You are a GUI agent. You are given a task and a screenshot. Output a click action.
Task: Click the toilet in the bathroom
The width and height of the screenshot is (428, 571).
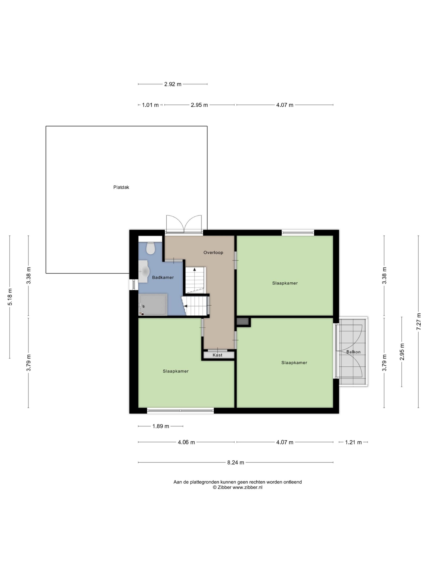(150, 248)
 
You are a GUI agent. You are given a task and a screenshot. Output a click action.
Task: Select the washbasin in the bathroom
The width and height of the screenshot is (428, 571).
(144, 271)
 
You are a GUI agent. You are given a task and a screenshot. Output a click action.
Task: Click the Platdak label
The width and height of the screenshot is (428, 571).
(121, 187)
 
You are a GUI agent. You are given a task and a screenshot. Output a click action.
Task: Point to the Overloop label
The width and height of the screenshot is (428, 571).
(213, 252)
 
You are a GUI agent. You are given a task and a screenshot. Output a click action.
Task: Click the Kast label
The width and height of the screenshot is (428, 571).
(217, 355)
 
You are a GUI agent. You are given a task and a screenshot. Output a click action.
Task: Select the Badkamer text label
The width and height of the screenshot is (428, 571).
(163, 277)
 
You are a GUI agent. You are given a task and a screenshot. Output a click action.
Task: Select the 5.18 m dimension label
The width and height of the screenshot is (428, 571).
(10, 297)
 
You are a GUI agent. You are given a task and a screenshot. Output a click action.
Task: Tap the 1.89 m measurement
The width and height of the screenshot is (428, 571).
(160, 426)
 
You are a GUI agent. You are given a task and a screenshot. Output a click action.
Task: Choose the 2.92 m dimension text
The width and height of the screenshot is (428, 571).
(173, 84)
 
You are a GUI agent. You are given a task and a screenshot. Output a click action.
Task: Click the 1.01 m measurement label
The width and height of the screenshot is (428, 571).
(150, 105)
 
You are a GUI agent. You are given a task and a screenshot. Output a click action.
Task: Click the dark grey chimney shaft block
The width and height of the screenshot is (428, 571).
(243, 321)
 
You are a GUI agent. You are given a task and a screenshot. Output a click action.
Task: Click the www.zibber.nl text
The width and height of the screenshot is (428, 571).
(247, 487)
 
